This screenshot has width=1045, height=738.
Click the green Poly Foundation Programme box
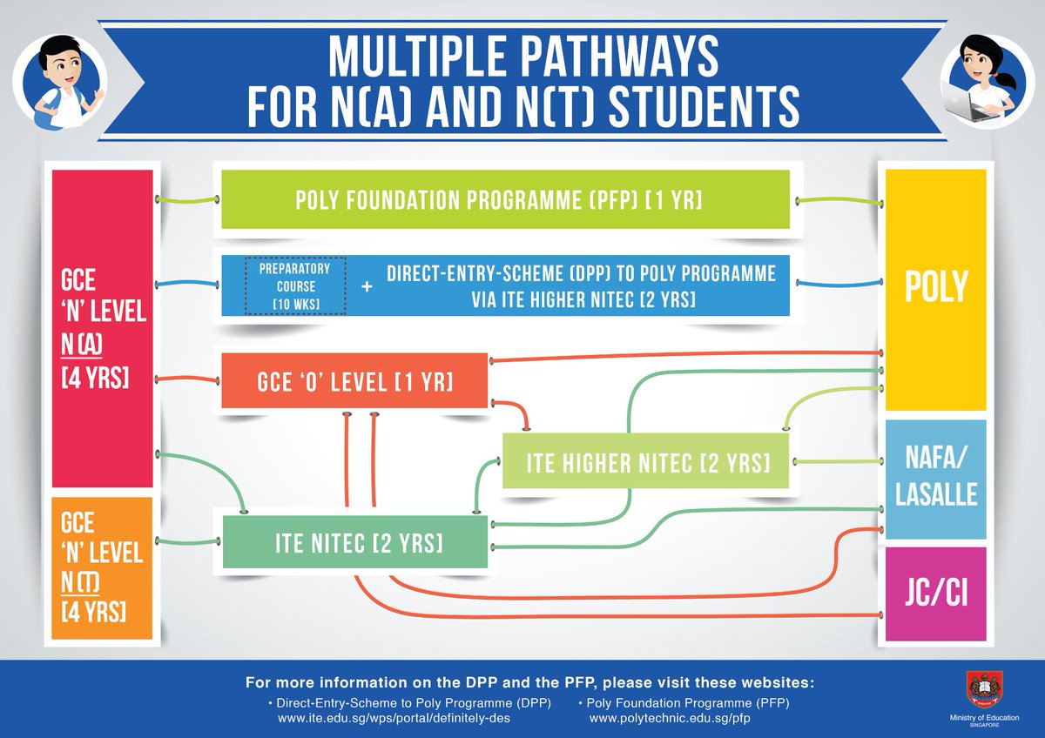pyautogui.click(x=505, y=200)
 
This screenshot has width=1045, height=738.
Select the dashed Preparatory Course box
pyautogui.click(x=294, y=285)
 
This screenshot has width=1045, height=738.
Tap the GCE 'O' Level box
pyautogui.click(x=354, y=380)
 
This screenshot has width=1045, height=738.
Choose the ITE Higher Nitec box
pyautogui.click(x=646, y=461)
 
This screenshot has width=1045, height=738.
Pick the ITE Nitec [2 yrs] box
pyautogui.click(x=355, y=542)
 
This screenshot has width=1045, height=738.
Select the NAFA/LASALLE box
pyautogui.click(x=935, y=479)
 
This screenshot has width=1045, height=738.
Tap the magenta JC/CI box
pyautogui.click(x=935, y=594)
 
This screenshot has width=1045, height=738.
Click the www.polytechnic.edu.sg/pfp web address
pyautogui.click(x=669, y=719)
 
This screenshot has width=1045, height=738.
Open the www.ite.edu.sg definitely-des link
pyautogui.click(x=394, y=719)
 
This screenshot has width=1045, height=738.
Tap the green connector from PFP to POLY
pyautogui.click(x=836, y=202)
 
